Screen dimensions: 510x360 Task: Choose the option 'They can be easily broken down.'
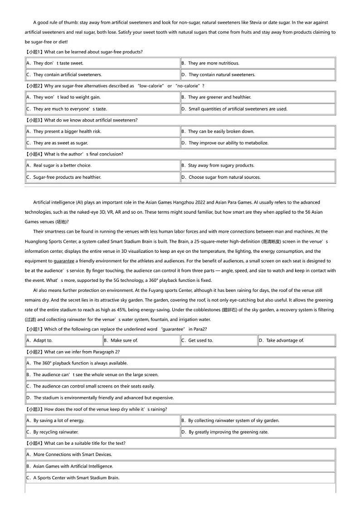tap(221, 132)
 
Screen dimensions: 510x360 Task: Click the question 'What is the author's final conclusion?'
tap(83, 154)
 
